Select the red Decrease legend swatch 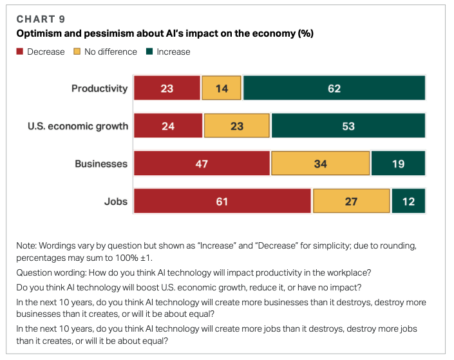[x=20, y=52]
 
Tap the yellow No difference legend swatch [x=77, y=52]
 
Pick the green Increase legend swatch [x=149, y=52]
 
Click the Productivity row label [x=100, y=88]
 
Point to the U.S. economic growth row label [x=78, y=126]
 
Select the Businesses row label [x=101, y=164]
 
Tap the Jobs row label [x=116, y=201]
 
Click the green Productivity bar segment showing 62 [x=334, y=88]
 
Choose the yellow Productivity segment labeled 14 [x=222, y=88]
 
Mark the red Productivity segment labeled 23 [x=167, y=88]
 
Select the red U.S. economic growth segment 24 [x=168, y=126]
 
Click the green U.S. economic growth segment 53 [x=348, y=126]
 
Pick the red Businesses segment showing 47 [x=202, y=164]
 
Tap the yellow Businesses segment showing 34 [x=320, y=164]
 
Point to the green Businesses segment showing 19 [x=399, y=164]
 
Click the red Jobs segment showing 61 [x=222, y=201]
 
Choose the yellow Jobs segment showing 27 [x=352, y=201]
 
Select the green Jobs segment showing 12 [x=409, y=201]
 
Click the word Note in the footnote [x=29, y=245]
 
